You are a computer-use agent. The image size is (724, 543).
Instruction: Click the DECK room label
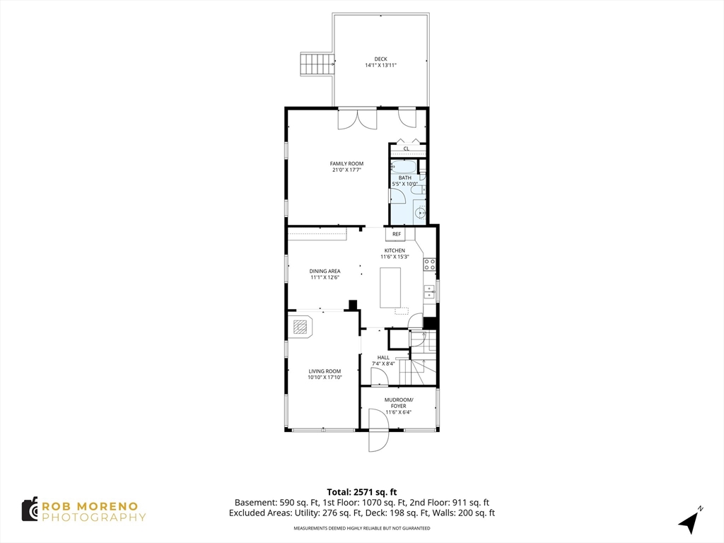click(x=380, y=59)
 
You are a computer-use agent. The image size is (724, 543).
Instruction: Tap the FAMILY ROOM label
click(x=346, y=163)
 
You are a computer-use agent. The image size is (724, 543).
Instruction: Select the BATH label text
click(x=405, y=177)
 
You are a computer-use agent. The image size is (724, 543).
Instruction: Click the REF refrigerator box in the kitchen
click(x=397, y=234)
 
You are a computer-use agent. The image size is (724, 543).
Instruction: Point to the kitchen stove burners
click(x=429, y=264)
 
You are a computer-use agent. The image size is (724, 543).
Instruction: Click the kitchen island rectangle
click(x=390, y=287)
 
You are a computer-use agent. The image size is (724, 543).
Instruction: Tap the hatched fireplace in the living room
click(x=301, y=327)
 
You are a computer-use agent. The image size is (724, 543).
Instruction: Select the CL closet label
click(x=407, y=148)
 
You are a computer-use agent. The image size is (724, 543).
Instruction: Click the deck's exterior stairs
click(x=317, y=64)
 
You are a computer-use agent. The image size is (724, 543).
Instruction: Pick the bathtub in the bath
click(x=404, y=166)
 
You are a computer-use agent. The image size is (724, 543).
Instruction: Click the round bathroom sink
click(x=420, y=214)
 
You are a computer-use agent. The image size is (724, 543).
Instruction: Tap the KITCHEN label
click(x=395, y=251)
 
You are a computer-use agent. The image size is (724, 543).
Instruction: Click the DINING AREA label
click(x=325, y=271)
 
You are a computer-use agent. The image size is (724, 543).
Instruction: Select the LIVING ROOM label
click(x=325, y=371)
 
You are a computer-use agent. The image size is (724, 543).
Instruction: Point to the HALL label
click(x=383, y=357)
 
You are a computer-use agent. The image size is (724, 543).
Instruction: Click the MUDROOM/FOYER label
click(x=399, y=402)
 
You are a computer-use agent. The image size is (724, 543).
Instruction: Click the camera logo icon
click(x=30, y=510)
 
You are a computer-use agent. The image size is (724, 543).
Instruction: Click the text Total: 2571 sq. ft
click(x=362, y=492)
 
